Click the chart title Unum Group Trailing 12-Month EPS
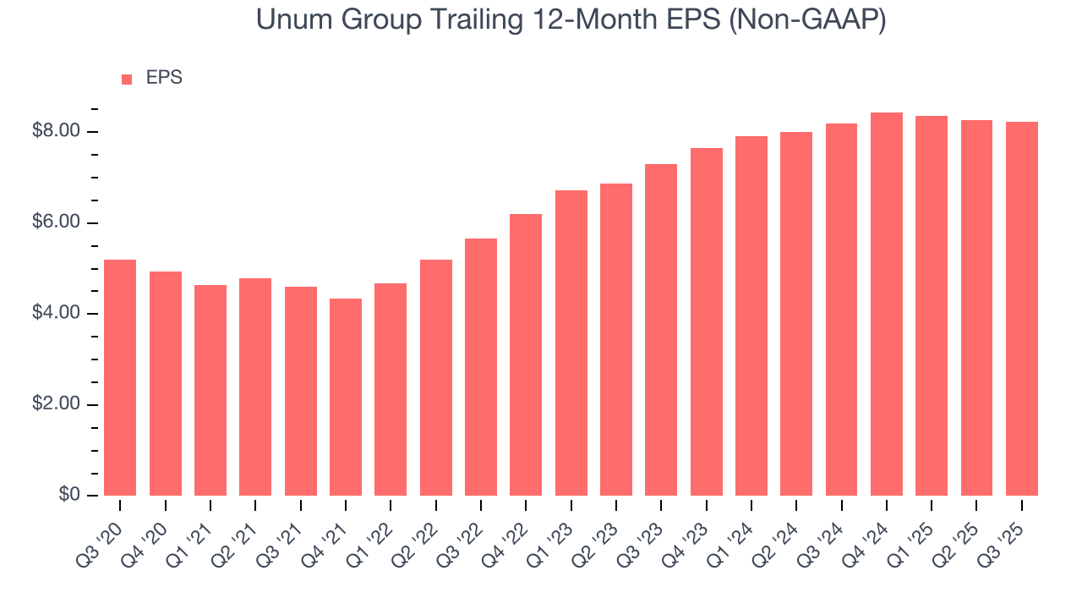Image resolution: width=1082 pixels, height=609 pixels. [541, 19]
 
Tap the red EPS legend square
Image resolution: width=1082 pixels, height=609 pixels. [127, 79]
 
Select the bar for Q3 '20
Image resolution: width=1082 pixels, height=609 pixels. [120, 377]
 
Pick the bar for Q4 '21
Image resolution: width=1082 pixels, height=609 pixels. [346, 397]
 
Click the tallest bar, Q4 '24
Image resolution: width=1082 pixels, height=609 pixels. [887, 304]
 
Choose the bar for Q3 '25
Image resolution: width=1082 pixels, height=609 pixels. [1022, 309]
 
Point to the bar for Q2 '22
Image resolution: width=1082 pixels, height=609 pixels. [436, 377]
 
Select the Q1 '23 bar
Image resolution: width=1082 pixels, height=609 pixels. [571, 343]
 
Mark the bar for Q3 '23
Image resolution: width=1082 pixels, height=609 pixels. [661, 330]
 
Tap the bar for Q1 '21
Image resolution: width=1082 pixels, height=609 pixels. [210, 390]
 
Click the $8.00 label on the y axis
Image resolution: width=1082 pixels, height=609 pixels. [56, 131]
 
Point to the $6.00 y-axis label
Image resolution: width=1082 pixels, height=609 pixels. [56, 222]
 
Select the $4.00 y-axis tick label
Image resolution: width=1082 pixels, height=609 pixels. [56, 313]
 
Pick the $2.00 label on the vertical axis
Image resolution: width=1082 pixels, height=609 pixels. [56, 404]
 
